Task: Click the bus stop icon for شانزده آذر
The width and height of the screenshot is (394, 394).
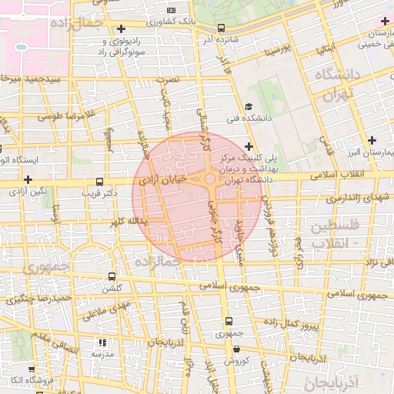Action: (x=222, y=28)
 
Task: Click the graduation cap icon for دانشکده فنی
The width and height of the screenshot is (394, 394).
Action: (x=248, y=106)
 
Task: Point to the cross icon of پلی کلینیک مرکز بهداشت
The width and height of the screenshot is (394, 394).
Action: (x=248, y=145)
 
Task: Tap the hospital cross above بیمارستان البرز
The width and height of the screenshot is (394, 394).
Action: (x=373, y=140)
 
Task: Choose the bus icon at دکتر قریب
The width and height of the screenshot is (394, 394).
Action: (x=98, y=182)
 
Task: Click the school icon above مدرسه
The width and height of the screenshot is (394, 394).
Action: (x=102, y=342)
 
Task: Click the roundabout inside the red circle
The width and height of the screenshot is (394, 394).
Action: (x=210, y=180)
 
